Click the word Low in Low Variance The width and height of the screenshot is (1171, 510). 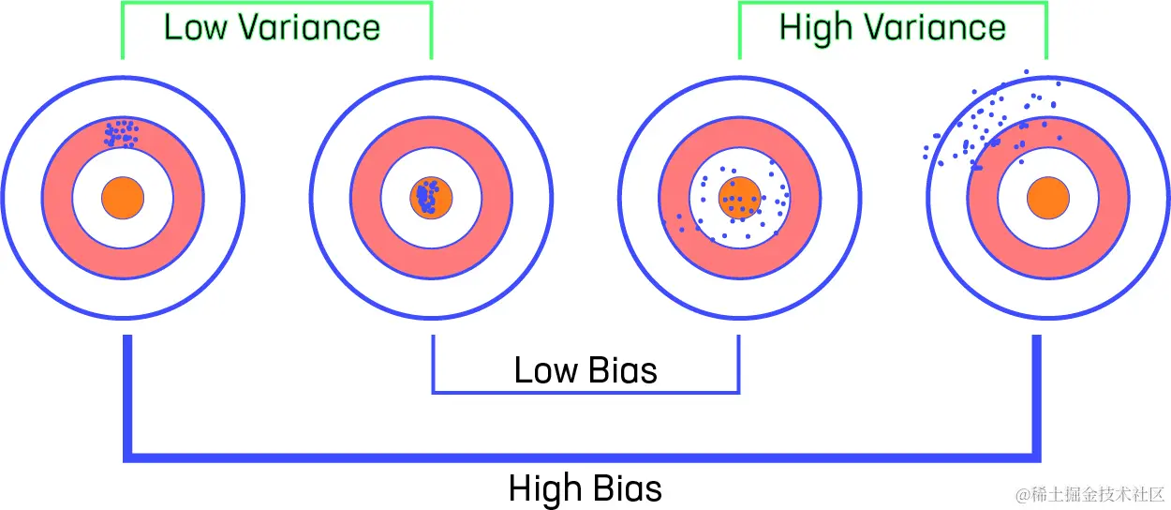tap(196, 27)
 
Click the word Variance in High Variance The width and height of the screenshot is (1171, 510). tap(934, 27)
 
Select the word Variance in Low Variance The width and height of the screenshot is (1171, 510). tap(309, 27)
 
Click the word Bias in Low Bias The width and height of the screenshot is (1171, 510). tap(623, 370)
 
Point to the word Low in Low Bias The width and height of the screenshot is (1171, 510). tap(546, 370)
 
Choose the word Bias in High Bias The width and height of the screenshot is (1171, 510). tap(628, 488)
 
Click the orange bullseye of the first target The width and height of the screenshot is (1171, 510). tap(123, 198)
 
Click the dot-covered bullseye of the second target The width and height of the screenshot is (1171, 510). tap(431, 198)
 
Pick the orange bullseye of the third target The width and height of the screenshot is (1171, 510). tap(740, 198)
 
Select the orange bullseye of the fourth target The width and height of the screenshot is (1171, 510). tap(1048, 198)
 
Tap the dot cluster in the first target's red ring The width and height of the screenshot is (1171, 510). tap(121, 133)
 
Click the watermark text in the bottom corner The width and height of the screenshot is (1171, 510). tap(1089, 494)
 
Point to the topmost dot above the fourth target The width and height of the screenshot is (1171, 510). tap(1027, 71)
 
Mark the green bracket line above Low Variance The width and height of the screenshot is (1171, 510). tap(276, 3)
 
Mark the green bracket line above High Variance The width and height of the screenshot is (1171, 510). tap(893, 3)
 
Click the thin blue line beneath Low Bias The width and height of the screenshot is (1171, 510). tap(585, 392)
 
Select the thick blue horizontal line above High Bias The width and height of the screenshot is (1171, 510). tap(582, 457)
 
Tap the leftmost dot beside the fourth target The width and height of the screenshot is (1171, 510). tap(926, 157)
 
